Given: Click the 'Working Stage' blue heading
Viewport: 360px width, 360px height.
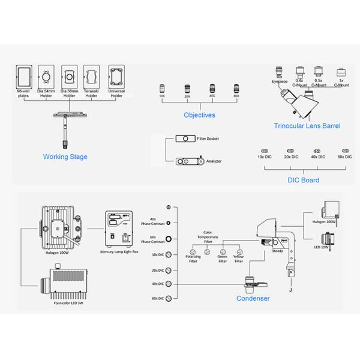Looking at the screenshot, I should tap(65, 157).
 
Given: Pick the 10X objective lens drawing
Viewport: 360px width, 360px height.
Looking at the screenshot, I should tap(162, 88).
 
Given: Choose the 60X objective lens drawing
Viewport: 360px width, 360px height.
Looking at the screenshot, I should tap(236, 88).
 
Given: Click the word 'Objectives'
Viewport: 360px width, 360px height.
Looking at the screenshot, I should tap(200, 115).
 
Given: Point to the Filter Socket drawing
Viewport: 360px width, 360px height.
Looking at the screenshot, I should tap(185, 139).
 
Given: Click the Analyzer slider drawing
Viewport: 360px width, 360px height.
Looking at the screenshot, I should tap(188, 161).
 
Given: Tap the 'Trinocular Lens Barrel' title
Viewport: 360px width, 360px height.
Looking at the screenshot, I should tap(307, 126).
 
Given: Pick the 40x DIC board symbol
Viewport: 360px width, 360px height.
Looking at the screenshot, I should tap(317, 151).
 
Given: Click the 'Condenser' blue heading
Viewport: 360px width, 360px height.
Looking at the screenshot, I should tap(253, 298).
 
